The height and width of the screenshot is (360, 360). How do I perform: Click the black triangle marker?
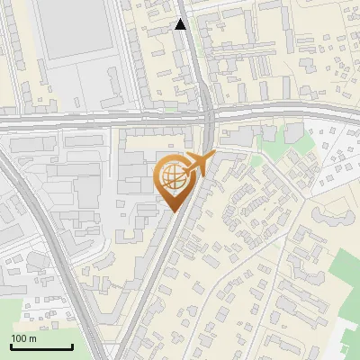tap(181, 24)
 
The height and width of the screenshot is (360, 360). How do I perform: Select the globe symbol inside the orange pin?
tap(172, 176)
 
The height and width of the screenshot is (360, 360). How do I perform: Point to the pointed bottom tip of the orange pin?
tap(172, 211)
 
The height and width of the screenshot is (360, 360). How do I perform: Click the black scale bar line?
tap(41, 346)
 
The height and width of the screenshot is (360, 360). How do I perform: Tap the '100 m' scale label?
tap(24, 338)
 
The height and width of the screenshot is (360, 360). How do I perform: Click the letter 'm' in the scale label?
tap(33, 338)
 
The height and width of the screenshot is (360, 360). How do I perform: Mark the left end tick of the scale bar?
tap(11, 345)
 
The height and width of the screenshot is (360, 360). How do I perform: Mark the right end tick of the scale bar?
tap(72, 345)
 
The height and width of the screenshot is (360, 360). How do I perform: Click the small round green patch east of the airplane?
tap(256, 159)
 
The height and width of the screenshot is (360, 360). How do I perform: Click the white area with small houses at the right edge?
tap(333, 153)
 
